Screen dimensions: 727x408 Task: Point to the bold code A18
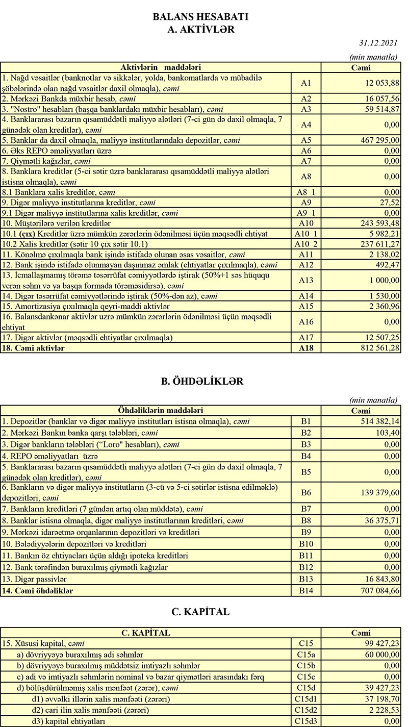coord(306,348)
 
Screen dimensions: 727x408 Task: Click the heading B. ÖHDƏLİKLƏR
coord(200,381)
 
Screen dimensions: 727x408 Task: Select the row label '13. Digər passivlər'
coord(35,579)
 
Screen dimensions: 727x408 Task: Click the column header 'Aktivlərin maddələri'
coord(160,67)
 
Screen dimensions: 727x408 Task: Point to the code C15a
coord(306,655)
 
